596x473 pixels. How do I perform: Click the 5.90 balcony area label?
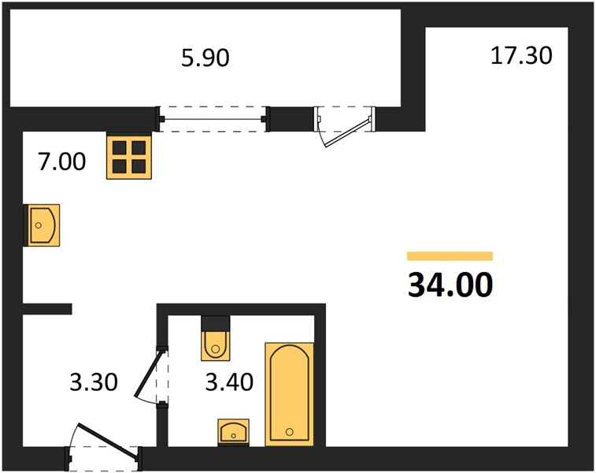pyautogui.click(x=205, y=58)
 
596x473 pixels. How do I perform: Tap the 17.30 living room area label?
pyautogui.click(x=521, y=55)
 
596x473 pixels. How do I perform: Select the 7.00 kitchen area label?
pyautogui.click(x=61, y=161)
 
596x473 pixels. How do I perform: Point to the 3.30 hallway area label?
pyautogui.click(x=94, y=382)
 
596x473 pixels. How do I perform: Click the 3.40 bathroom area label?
pyautogui.click(x=229, y=382)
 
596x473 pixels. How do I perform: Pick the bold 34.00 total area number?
pyautogui.click(x=450, y=285)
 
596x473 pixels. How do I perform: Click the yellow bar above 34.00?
pyautogui.click(x=450, y=256)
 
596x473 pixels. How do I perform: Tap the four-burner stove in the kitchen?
pyautogui.click(x=129, y=155)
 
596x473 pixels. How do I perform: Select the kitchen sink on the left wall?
pyautogui.click(x=42, y=225)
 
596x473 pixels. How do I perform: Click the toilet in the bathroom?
pyautogui.click(x=216, y=345)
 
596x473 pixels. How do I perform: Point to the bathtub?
pyautogui.click(x=290, y=394)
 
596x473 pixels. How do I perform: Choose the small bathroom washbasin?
pyautogui.click(x=233, y=432)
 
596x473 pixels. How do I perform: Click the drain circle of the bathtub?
pyautogui.click(x=290, y=431)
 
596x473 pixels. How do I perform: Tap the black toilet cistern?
pyautogui.click(x=216, y=323)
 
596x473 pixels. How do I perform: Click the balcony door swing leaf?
pyautogui.click(x=347, y=133)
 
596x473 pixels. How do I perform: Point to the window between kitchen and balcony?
pyautogui.click(x=213, y=119)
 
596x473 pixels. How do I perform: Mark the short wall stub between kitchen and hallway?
pyautogui.click(x=47, y=309)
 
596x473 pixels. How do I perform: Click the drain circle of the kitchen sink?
pyautogui.click(x=38, y=225)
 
